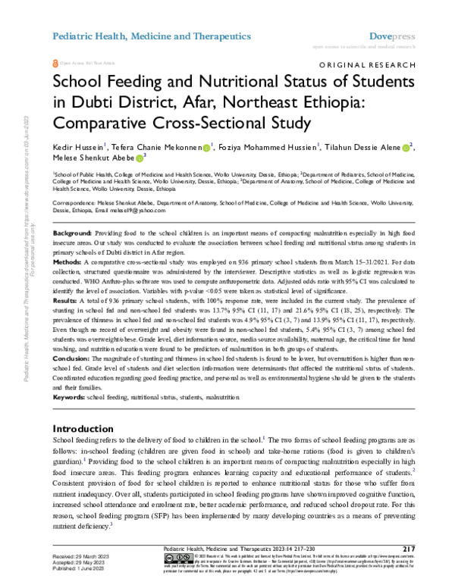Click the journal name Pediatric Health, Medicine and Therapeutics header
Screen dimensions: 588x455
(x=151, y=36)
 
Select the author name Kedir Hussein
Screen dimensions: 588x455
(x=80, y=146)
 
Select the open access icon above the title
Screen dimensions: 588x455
(x=54, y=64)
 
